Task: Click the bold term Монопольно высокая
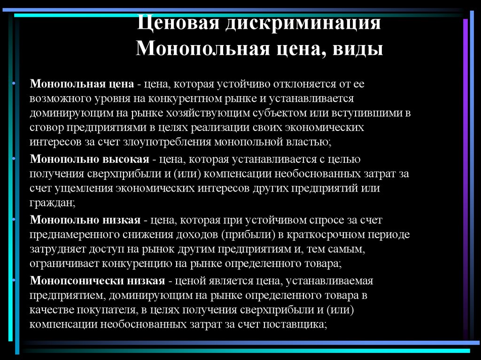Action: (x=90, y=159)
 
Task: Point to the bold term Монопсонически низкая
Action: (x=97, y=281)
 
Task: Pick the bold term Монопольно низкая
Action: (x=85, y=220)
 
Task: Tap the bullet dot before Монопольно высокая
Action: (x=14, y=159)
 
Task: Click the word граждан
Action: (x=52, y=203)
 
